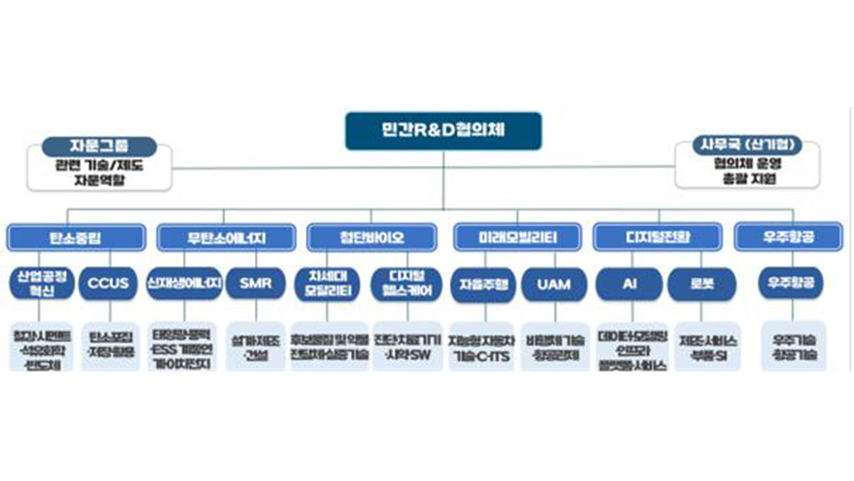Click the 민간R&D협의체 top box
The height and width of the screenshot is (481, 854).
443,131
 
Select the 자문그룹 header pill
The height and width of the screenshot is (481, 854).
99,146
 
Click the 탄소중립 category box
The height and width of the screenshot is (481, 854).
75,237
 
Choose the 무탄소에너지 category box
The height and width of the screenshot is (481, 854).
226,237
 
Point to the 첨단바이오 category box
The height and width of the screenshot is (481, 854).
372,237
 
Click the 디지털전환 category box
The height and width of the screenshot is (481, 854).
657,237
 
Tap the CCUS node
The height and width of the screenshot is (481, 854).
108,283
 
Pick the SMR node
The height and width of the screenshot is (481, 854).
256,283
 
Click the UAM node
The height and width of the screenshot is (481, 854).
554,284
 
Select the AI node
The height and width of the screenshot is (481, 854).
629,284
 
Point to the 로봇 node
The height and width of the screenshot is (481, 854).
701,284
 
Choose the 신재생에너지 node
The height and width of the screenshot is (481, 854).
184,283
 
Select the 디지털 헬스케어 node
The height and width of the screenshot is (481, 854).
406,284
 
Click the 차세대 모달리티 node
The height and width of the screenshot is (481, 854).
328,284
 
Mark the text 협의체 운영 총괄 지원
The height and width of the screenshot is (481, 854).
747,172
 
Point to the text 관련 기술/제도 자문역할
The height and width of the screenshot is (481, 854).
99,173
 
